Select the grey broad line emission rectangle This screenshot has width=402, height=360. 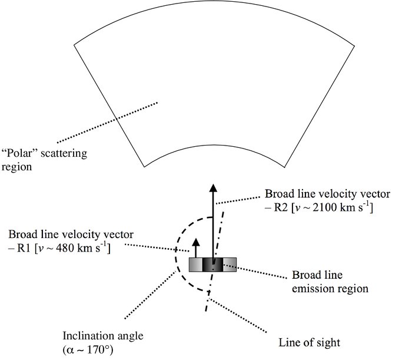[x=212, y=265]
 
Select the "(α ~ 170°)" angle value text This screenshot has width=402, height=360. [x=88, y=350]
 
